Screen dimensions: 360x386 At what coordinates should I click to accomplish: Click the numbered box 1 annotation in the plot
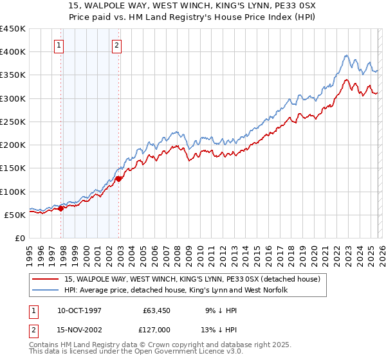tap(59, 45)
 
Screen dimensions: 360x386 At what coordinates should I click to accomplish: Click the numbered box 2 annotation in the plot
tap(116, 45)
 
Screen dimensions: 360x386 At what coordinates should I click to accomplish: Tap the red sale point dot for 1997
tap(61, 208)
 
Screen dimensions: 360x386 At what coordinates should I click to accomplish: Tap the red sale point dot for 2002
tap(119, 179)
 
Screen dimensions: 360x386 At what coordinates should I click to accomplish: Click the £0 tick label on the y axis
tap(20, 238)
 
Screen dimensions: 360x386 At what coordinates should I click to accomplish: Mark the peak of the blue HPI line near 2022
tap(346, 55)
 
